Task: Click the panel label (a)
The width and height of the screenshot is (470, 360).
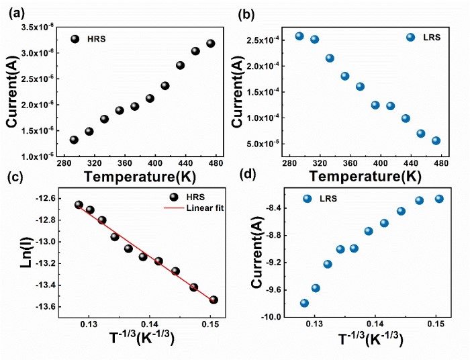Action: pyautogui.click(x=15, y=13)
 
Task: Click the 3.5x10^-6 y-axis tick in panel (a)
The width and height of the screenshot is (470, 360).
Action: pyautogui.click(x=42, y=28)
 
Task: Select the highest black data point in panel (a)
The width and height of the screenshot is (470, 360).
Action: pyautogui.click(x=210, y=44)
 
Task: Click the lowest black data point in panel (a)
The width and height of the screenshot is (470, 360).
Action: pyautogui.click(x=74, y=140)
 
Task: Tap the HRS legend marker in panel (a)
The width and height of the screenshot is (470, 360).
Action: pyautogui.click(x=75, y=39)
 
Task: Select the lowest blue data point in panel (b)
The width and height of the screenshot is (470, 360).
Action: pyautogui.click(x=436, y=140)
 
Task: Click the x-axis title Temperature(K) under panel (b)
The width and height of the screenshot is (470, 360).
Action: pyautogui.click(x=365, y=177)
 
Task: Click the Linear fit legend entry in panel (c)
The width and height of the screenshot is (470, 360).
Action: pyautogui.click(x=205, y=209)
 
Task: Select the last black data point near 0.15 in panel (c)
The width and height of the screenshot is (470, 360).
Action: pyautogui.click(x=214, y=300)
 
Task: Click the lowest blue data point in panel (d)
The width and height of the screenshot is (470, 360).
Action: pyautogui.click(x=304, y=303)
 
